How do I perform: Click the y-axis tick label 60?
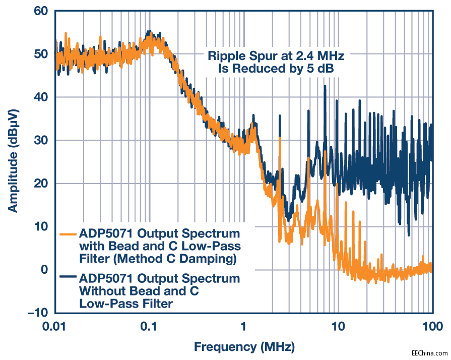(x=41, y=11)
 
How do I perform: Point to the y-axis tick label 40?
(x=41, y=97)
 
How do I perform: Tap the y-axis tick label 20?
(x=41, y=184)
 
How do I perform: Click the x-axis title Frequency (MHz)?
(x=244, y=347)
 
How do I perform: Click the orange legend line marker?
(x=68, y=234)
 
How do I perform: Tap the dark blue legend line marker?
(x=68, y=277)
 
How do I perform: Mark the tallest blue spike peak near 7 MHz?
(x=325, y=86)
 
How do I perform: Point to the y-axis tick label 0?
(x=45, y=270)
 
